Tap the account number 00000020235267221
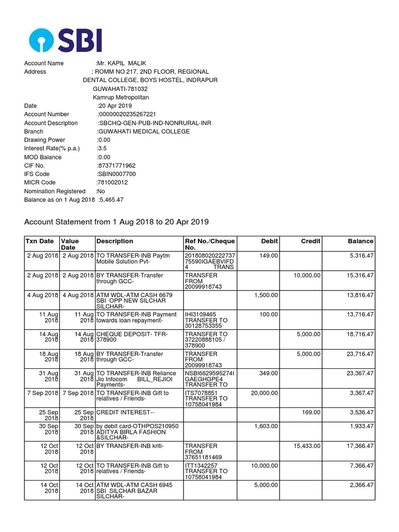(127, 114)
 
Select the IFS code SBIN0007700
(116, 174)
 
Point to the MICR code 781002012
(112, 183)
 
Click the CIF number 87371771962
(116, 166)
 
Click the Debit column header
(270, 241)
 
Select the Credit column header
(311, 241)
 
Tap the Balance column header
(361, 241)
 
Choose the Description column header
(115, 241)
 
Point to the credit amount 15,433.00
(307, 446)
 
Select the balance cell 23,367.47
(356, 373)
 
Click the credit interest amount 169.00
(312, 412)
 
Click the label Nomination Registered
(55, 191)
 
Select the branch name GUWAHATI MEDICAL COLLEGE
(144, 131)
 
